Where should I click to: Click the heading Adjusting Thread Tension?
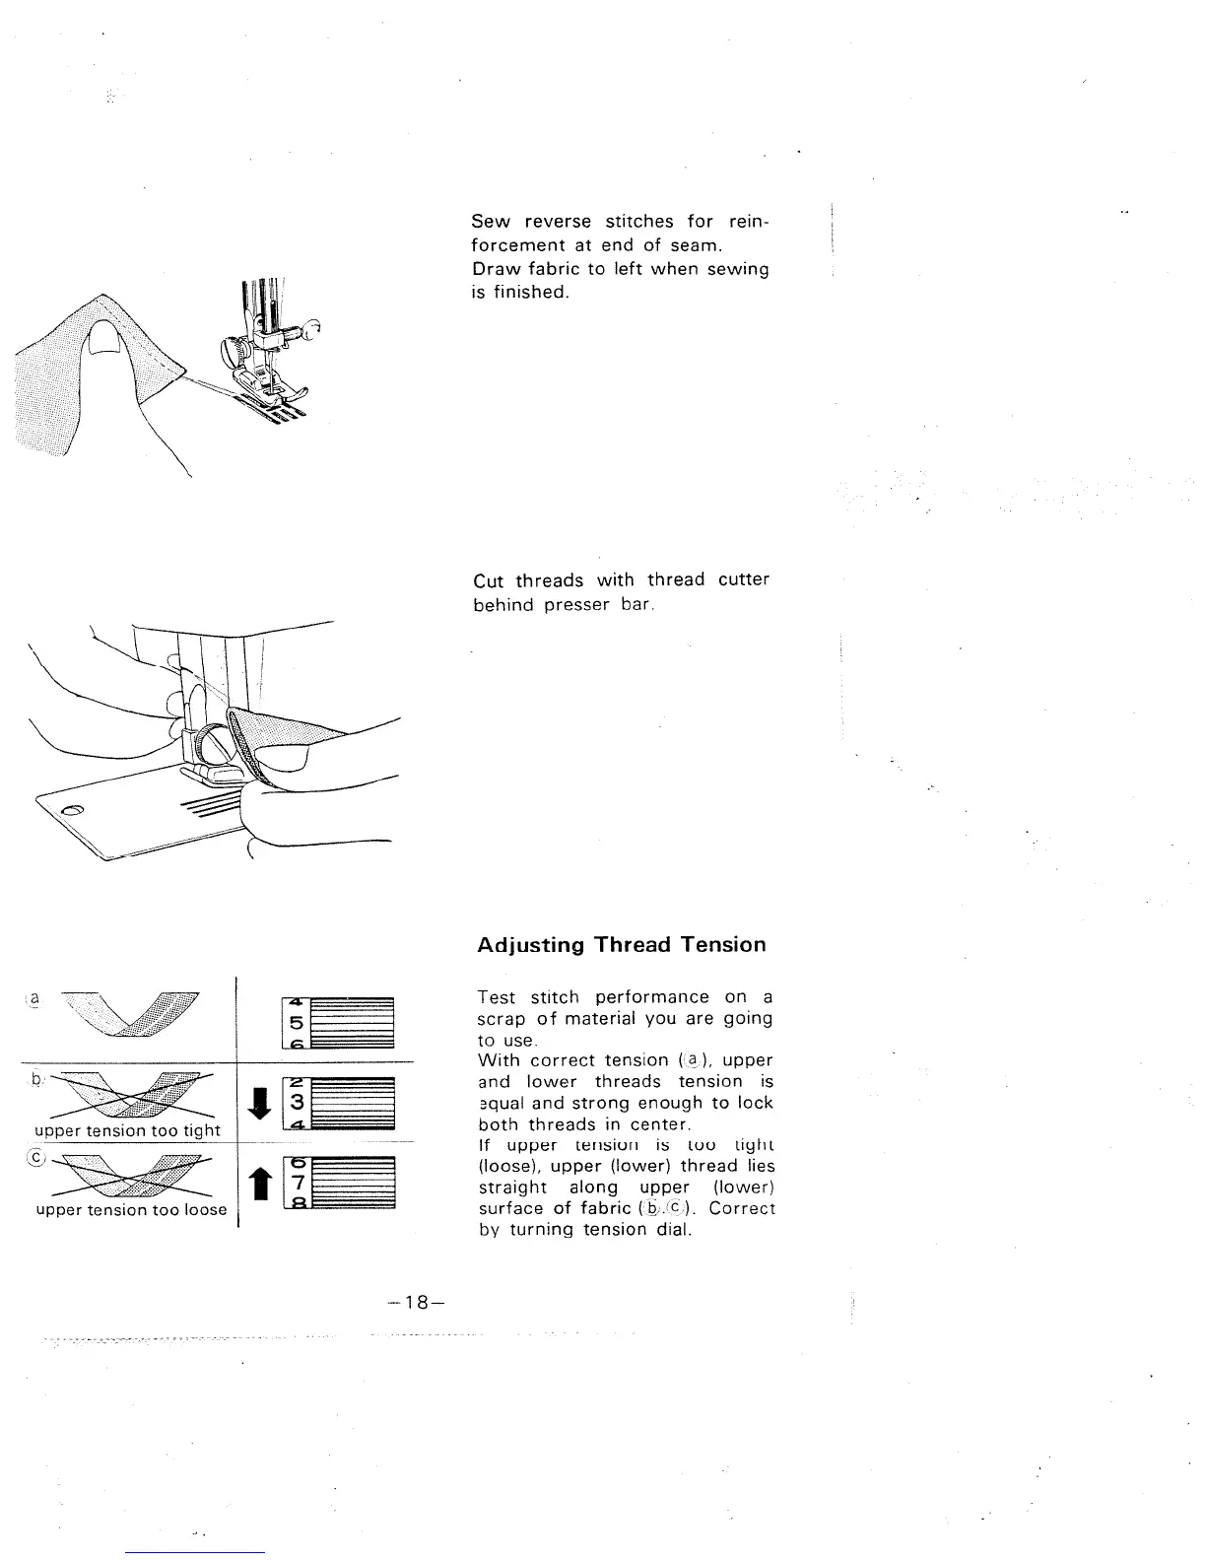click(x=621, y=945)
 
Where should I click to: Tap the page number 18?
click(x=419, y=1302)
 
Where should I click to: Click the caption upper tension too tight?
click(x=127, y=1130)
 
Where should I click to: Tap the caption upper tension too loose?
click(x=131, y=1209)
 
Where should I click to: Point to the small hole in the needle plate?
click(x=72, y=810)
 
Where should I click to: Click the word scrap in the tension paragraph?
click(x=500, y=1018)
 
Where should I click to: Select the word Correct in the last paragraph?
click(x=742, y=1208)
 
